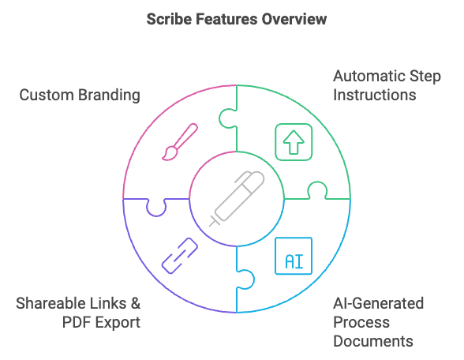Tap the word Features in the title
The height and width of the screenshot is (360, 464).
tap(226, 19)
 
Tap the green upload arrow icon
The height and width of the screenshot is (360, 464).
tap(293, 141)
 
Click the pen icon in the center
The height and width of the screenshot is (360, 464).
tap(236, 198)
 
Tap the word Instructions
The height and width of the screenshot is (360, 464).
tap(374, 96)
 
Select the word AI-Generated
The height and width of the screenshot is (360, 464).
tap(378, 304)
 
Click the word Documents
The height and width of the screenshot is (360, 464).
tap(373, 342)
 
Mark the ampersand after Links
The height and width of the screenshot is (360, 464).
tap(134, 304)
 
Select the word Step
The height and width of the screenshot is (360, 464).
tap(425, 77)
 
